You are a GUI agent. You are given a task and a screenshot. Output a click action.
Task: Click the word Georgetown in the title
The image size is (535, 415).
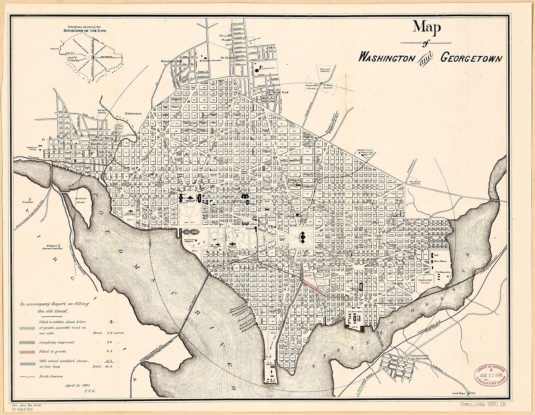pos(471,58)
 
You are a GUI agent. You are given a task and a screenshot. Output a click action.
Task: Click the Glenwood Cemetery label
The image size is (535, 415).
pos(325,70)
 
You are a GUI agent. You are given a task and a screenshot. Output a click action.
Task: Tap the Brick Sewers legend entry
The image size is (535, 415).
pos(51,376)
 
